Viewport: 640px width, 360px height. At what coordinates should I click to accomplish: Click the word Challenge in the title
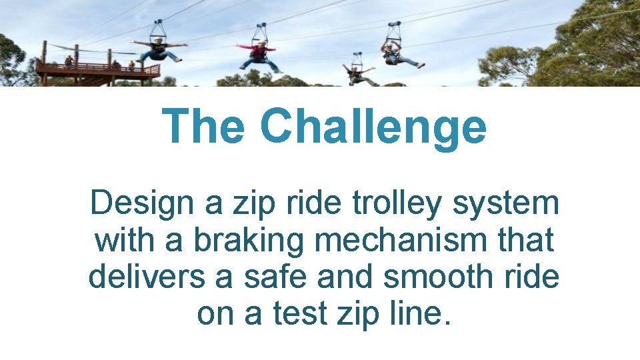click(x=373, y=127)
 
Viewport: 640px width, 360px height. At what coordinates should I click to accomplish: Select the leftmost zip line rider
click(x=158, y=51)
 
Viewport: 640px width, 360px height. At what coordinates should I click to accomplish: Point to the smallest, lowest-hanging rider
click(x=357, y=73)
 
